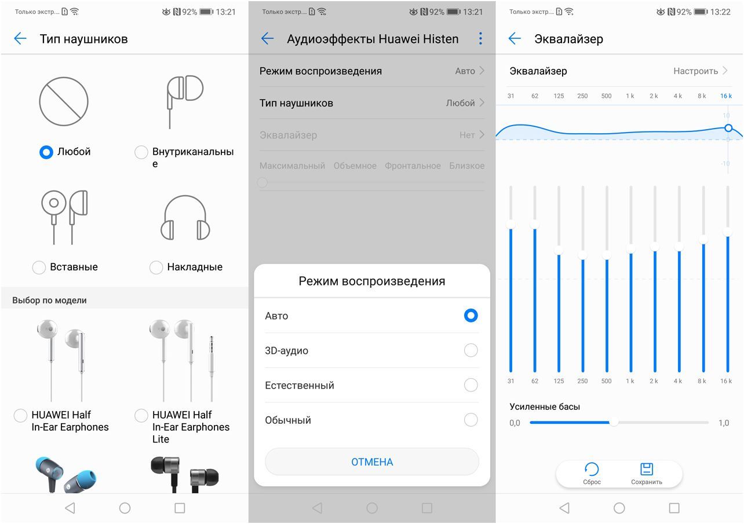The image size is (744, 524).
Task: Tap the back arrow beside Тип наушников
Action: point(20,38)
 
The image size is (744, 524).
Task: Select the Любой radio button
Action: point(46,152)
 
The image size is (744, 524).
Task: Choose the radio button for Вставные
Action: point(39,267)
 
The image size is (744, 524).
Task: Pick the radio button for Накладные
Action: point(156,267)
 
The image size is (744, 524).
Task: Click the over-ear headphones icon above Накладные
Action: point(185,217)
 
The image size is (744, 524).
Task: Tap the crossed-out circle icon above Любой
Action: point(64,101)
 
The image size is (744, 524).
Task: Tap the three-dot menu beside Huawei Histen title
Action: point(480,38)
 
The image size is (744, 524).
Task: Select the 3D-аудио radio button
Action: point(471,350)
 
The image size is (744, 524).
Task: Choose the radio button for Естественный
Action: point(471,385)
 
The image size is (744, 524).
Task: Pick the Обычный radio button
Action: point(471,420)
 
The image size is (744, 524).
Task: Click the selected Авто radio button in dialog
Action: point(471,315)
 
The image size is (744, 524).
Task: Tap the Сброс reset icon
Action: point(592,469)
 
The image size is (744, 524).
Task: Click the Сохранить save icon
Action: point(646,469)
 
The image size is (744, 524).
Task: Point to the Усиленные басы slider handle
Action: point(614,423)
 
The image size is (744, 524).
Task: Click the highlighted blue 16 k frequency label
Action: point(725,96)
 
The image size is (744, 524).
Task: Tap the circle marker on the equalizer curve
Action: point(728,128)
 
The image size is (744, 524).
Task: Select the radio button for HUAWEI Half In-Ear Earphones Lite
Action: point(141,415)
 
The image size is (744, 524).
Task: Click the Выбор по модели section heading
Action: point(49,301)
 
